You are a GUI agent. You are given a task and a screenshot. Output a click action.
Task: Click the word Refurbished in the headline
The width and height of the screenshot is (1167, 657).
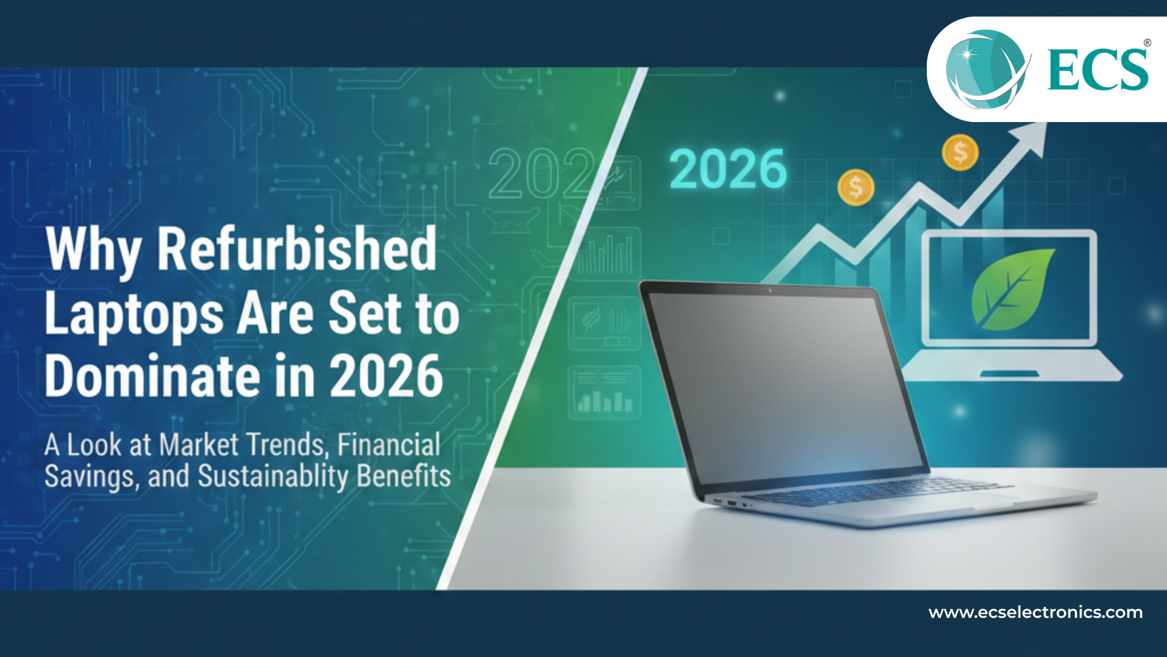coord(297,249)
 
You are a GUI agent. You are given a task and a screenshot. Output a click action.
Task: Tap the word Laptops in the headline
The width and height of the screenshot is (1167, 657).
coord(134,314)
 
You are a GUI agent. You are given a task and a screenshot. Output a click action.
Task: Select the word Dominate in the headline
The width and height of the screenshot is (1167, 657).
coord(152,375)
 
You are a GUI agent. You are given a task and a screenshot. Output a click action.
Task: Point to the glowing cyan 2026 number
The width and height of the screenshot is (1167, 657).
coord(728,168)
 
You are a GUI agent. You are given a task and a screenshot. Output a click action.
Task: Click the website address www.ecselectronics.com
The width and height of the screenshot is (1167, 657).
coord(1035,612)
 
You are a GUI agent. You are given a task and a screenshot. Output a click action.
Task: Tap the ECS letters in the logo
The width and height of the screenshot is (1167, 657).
coord(1097,69)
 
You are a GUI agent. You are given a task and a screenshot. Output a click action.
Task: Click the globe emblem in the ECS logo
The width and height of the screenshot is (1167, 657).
coord(985,69)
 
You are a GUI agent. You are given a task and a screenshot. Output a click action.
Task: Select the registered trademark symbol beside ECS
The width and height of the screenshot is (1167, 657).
coord(1147,43)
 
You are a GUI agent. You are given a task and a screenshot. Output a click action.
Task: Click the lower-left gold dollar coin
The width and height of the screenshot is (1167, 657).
coord(855,187)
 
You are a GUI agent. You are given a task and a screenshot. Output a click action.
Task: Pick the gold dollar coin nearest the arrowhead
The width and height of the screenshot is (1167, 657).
coord(960,152)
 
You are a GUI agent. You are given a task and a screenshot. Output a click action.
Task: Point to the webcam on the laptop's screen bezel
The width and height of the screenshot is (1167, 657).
coord(770,290)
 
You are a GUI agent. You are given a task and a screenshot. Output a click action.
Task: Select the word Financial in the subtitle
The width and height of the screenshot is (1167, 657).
coord(389,445)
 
